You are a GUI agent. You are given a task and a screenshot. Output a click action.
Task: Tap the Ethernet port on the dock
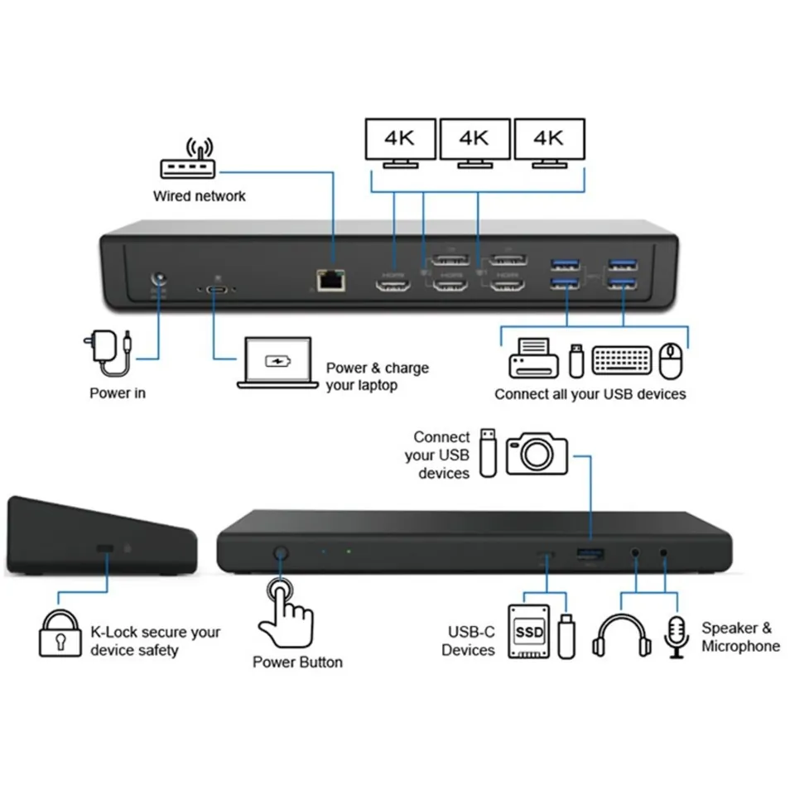pyautogui.click(x=330, y=281)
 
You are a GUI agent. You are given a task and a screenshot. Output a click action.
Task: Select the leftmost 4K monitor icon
pyautogui.click(x=401, y=142)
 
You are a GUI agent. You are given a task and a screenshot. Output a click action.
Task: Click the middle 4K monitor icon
pyautogui.click(x=474, y=142)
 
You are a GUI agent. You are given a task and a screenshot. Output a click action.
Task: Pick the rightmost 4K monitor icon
pyautogui.click(x=549, y=142)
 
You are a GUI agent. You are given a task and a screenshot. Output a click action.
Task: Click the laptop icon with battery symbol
pyautogui.click(x=276, y=363)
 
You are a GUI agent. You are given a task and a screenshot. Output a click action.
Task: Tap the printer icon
pyautogui.click(x=532, y=359)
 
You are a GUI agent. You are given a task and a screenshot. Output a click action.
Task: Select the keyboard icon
pyautogui.click(x=623, y=359)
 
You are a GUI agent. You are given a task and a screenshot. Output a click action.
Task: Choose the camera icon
pyautogui.click(x=537, y=452)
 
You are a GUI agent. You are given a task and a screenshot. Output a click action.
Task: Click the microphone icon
pyautogui.click(x=676, y=636)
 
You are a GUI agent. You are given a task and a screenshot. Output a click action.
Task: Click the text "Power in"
pyautogui.click(x=118, y=393)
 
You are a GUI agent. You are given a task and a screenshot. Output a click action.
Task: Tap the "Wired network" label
pyautogui.click(x=199, y=196)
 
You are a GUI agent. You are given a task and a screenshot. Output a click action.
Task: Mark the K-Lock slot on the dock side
pyautogui.click(x=106, y=549)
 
